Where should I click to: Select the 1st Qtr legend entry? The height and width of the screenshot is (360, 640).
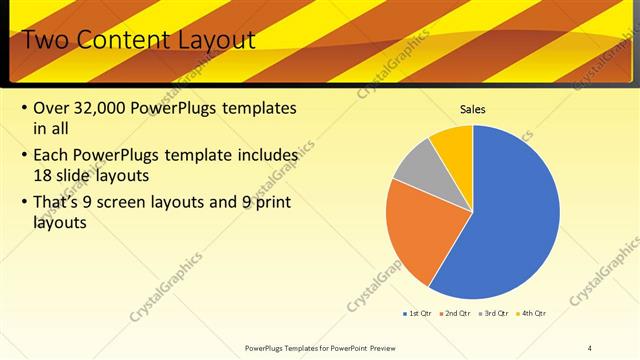[417, 314]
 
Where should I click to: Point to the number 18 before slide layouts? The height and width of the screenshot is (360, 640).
[43, 174]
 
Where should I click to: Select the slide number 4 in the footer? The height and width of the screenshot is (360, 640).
[590, 347]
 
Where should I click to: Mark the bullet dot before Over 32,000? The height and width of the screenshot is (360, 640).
[23, 108]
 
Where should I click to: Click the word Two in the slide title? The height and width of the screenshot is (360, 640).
[42, 40]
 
